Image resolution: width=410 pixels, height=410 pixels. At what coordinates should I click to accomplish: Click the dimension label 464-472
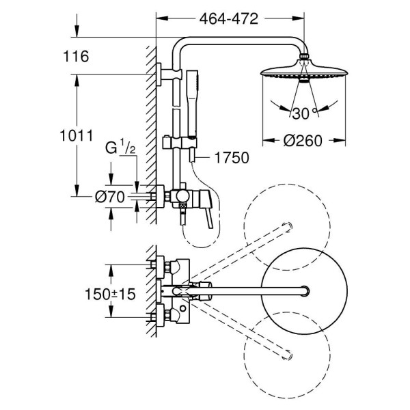coord(229,20)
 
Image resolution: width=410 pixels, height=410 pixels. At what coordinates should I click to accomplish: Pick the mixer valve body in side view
coord(180,197)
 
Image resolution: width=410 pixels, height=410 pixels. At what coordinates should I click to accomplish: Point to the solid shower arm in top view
coord(246,291)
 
